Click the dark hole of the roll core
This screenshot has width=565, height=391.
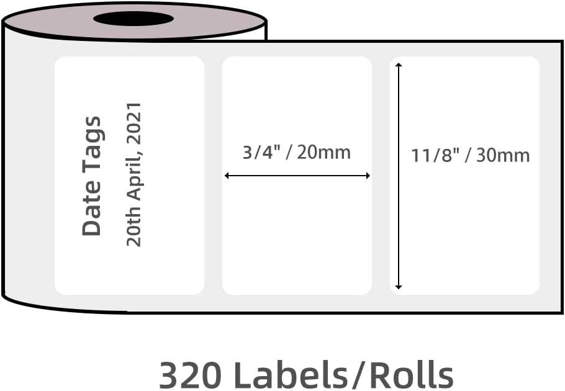coord(133,19)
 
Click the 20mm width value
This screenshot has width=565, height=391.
coord(323,152)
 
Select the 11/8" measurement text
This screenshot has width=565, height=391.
coord(434,155)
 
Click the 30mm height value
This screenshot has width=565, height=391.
coord(503,155)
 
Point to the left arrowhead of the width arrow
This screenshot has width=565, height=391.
coord(227,176)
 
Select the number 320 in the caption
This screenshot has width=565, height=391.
coord(189,374)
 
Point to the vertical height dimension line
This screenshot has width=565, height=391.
coord(399,205)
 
